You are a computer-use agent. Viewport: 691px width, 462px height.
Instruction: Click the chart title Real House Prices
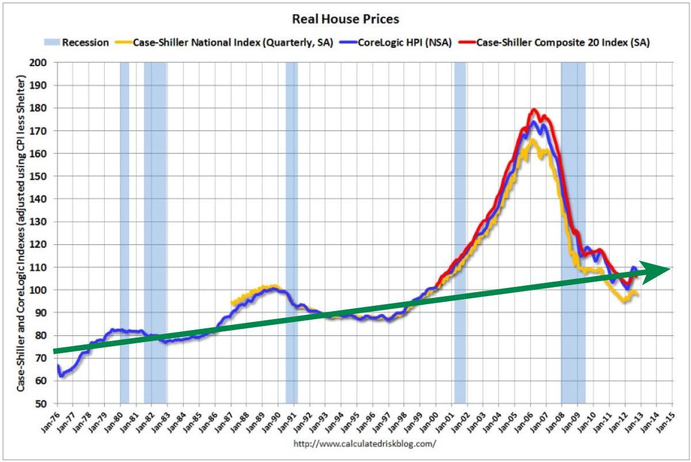345,19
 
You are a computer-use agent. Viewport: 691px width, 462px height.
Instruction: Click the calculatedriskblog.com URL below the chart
365,444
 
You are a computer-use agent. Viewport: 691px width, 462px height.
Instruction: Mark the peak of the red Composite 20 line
534,109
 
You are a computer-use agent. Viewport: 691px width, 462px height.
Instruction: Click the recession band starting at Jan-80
124,230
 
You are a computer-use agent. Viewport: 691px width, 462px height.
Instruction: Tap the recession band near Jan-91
291,230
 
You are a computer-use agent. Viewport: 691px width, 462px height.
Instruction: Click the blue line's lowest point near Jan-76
61,376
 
